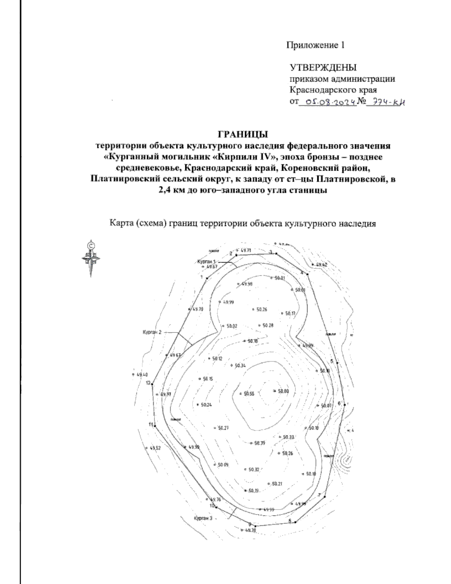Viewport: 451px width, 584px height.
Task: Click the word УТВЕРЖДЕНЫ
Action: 323,68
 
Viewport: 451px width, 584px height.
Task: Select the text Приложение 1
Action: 316,46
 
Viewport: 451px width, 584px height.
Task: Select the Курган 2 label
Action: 151,332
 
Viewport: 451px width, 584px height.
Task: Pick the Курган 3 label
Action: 203,518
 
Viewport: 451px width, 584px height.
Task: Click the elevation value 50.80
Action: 283,391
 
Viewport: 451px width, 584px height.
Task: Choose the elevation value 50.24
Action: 206,405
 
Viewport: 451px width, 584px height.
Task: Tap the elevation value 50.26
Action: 262,310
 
